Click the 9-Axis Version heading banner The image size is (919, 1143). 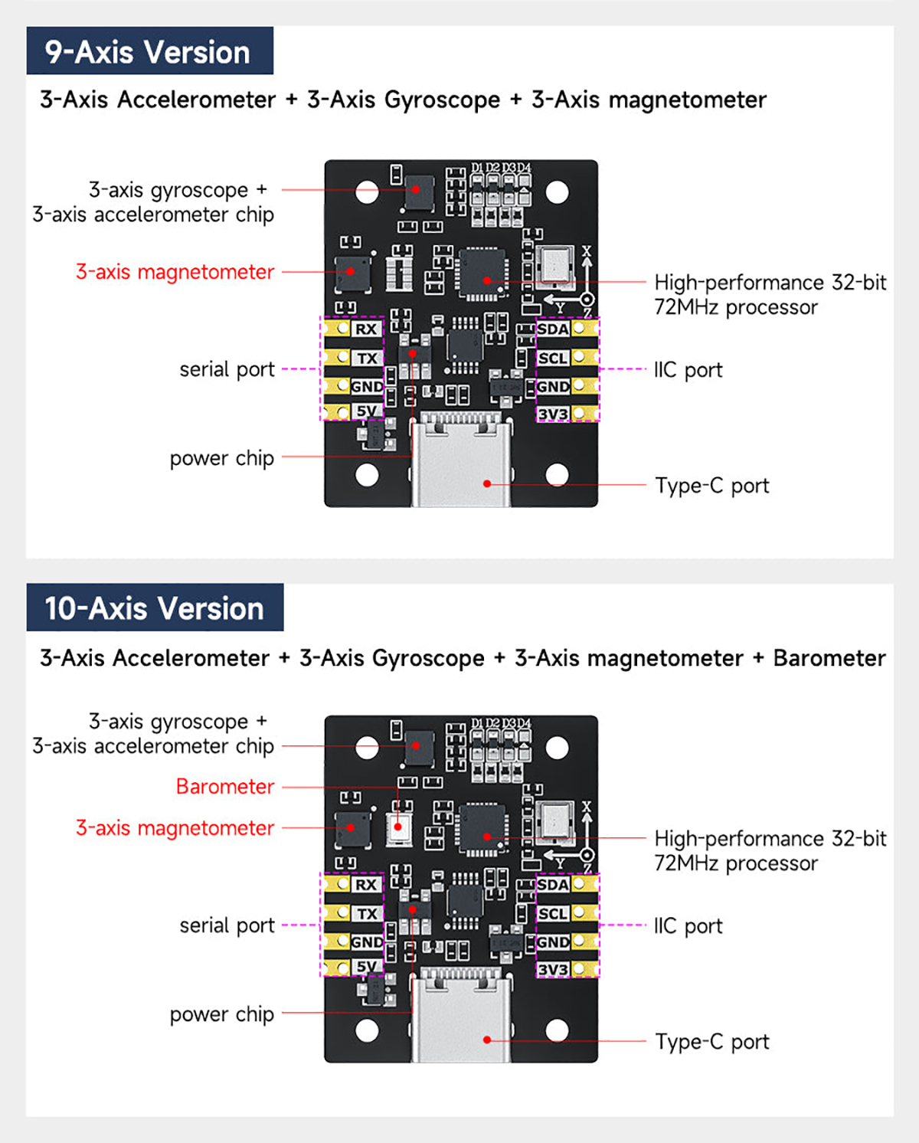point(149,51)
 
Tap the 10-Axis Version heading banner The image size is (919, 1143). point(155,608)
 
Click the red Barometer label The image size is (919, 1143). point(225,787)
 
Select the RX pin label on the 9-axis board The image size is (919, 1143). point(366,329)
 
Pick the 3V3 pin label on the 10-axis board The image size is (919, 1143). point(553,970)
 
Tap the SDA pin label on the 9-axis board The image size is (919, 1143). point(553,329)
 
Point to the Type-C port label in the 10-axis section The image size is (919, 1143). point(712,1042)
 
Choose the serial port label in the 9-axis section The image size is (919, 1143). point(227,369)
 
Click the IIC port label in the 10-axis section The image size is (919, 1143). point(688,926)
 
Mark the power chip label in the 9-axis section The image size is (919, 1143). point(221,458)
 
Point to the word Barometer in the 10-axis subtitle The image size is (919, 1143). point(829,658)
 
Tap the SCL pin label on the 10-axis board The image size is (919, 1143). point(553,914)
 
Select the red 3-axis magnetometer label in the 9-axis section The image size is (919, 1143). point(175,272)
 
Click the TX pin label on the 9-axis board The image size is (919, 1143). point(367,359)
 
